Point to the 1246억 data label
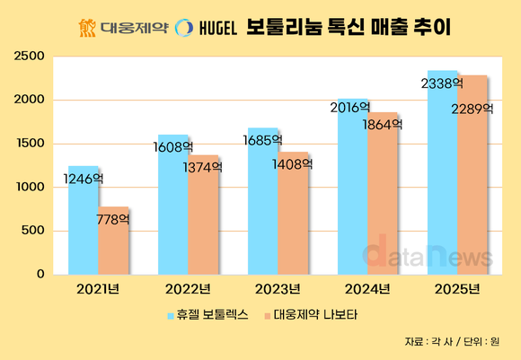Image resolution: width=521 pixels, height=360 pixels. tap(84, 180)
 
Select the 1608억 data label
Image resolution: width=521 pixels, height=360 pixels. tap(173, 146)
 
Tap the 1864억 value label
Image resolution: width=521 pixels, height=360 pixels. tap(382, 126)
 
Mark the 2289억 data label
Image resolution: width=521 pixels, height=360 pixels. tap(472, 109)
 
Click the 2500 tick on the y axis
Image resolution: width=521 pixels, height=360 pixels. tap(30, 57)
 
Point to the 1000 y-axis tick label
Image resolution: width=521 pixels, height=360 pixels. tap(30, 188)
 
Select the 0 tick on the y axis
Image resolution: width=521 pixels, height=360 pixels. tap(40, 275)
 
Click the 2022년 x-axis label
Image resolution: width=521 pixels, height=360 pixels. tap(188, 288)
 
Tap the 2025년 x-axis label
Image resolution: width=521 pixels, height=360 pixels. tap(457, 288)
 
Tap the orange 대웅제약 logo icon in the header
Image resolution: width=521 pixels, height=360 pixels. tap(87, 27)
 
